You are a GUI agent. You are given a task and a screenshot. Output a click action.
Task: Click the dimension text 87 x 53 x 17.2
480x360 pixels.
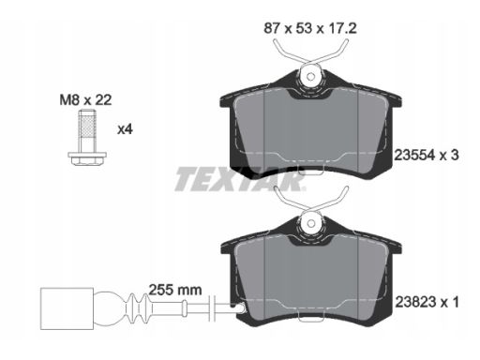pyautogui.click(x=310, y=28)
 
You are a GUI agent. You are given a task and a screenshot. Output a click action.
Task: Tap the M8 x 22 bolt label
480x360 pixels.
pyautogui.click(x=85, y=100)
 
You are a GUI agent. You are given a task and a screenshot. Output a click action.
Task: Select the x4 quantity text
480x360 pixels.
pyautogui.click(x=125, y=128)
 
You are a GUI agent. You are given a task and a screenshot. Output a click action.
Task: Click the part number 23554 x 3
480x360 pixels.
pyautogui.click(x=427, y=155)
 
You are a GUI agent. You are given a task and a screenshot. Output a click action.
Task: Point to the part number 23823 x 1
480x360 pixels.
pyautogui.click(x=427, y=302)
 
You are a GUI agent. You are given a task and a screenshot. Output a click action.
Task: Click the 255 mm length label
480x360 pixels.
pyautogui.click(x=175, y=290)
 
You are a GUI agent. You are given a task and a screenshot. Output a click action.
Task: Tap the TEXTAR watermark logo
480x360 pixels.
pyautogui.click(x=239, y=179)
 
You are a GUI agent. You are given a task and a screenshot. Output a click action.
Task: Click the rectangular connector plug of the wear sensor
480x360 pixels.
pyautogui.click(x=67, y=308)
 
